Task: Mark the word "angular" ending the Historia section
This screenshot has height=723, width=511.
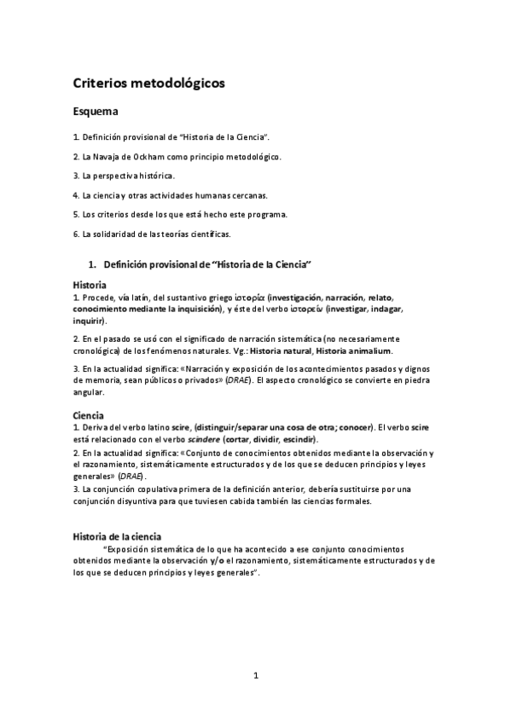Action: [x=89, y=393]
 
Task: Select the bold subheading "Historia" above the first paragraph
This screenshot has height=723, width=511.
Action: [x=90, y=284]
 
